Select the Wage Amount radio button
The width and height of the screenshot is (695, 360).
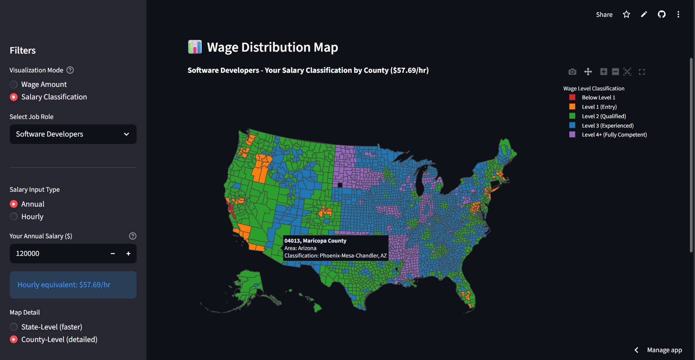(14, 85)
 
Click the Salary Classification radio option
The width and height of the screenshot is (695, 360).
(14, 97)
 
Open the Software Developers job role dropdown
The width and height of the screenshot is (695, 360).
(73, 134)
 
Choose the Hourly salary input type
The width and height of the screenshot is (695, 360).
(14, 216)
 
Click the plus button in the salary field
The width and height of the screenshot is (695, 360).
(128, 254)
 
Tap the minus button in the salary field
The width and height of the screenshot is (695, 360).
(113, 254)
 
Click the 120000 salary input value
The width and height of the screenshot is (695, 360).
(55, 254)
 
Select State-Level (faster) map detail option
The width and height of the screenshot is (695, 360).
(14, 327)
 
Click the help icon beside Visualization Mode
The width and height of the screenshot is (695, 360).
(70, 70)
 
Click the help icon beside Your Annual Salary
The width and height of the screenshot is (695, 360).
(133, 236)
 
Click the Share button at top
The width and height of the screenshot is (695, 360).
(604, 14)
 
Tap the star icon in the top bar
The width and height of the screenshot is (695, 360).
(626, 14)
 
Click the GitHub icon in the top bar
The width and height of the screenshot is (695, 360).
(662, 14)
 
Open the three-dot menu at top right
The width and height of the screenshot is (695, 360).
(678, 14)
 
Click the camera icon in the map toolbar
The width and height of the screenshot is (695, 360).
(572, 72)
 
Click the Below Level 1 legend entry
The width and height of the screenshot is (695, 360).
(598, 97)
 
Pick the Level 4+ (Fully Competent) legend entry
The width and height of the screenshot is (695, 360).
(614, 135)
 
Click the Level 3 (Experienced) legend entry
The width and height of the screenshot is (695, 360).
(607, 126)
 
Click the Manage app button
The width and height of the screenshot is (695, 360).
(664, 350)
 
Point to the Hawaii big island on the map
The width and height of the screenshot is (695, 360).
(317, 308)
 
